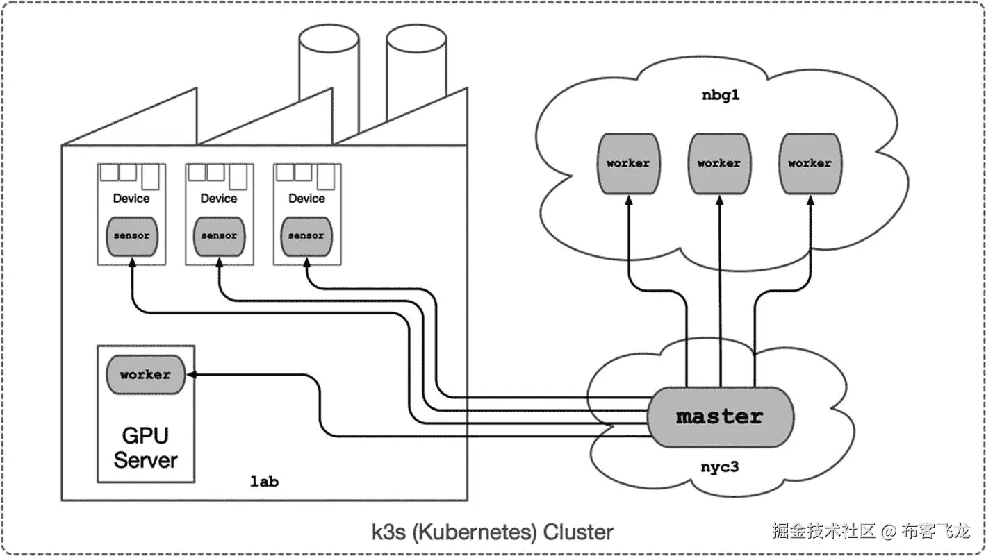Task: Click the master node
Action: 719,416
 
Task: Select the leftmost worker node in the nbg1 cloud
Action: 627,164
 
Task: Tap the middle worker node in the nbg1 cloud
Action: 718,164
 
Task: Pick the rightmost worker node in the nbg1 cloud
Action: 810,164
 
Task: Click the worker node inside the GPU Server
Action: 145,375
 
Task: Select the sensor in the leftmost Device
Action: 131,236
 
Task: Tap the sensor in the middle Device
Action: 219,236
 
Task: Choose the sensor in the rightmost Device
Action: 306,236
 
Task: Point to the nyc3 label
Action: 718,466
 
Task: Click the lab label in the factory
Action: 264,481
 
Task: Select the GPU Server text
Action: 145,448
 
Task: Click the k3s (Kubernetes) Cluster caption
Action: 493,532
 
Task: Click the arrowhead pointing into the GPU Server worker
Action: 192,375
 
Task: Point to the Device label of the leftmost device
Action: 131,199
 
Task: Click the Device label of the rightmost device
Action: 306,199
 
